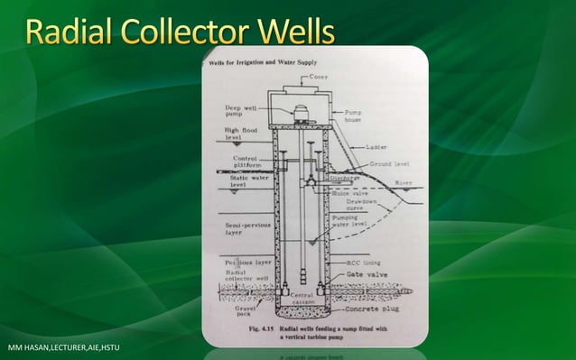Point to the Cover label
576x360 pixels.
coord(320,77)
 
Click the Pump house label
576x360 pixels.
coord(354,118)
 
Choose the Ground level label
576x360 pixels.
coord(390,164)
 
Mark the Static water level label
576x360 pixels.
coord(237,180)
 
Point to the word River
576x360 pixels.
coord(404,184)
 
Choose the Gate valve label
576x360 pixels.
coord(358,275)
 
